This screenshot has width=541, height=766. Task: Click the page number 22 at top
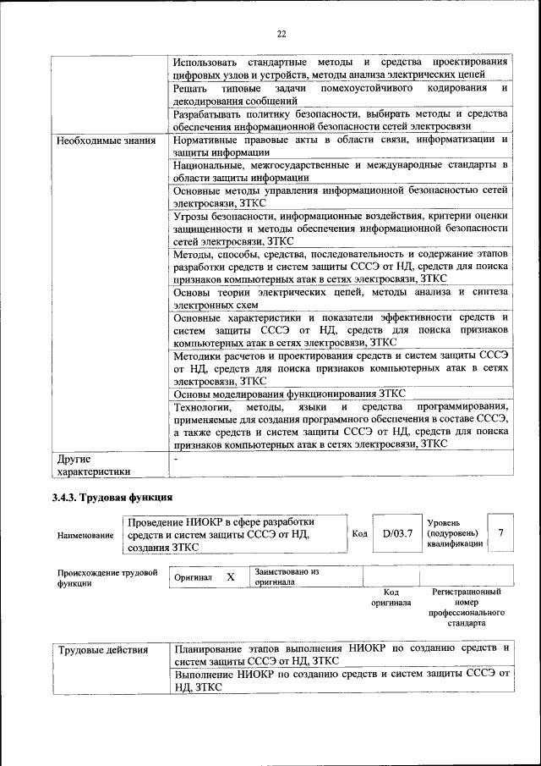281,33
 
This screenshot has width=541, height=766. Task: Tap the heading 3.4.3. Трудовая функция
112,498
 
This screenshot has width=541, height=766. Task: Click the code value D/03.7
397,533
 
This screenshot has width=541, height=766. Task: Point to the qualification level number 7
501,532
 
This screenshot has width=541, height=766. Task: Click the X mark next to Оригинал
230,577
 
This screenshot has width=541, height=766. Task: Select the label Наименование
85,535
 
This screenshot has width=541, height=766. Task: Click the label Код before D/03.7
358,533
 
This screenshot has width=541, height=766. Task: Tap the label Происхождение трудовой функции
107,578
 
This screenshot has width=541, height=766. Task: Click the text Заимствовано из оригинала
286,577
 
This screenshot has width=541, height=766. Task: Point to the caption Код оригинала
391,598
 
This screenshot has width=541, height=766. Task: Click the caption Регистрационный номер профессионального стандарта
466,607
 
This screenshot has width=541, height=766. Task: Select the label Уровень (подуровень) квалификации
454,533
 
